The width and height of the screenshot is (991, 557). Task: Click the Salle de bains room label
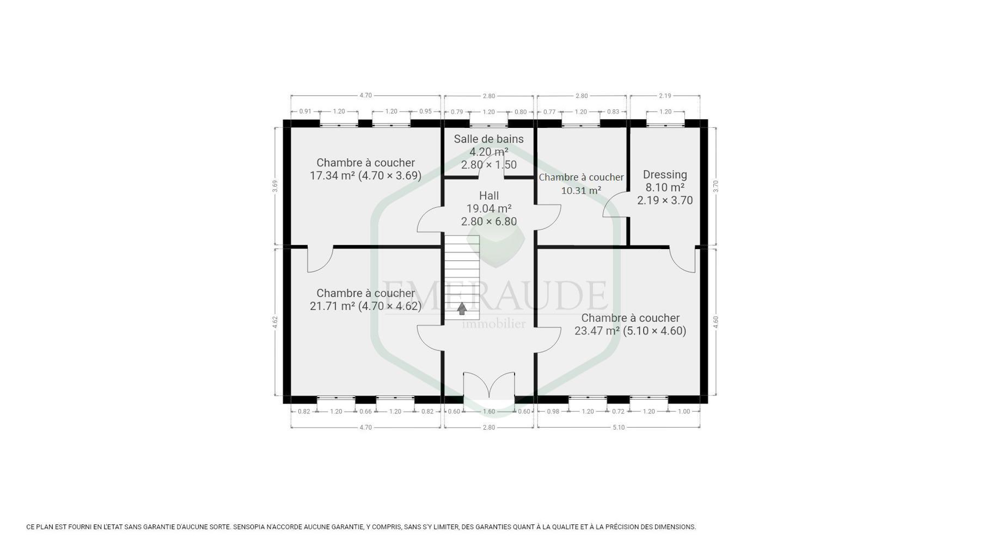[x=488, y=139]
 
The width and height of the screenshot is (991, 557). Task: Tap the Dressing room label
[x=665, y=175]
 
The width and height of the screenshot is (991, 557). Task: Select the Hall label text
[x=488, y=196]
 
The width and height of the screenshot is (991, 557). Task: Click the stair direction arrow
[x=462, y=309]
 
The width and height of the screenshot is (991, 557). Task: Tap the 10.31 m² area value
[x=581, y=190]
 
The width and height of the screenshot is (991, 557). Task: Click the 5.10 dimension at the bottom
[x=619, y=428]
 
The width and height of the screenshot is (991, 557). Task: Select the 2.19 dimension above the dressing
[x=665, y=96]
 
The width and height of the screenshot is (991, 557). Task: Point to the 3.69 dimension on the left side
[x=275, y=186]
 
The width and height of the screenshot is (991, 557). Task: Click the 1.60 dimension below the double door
[x=488, y=411]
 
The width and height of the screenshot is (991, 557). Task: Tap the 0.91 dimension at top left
[x=305, y=112]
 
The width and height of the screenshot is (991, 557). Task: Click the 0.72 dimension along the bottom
[x=618, y=411]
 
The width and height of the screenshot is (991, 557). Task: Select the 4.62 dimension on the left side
[x=275, y=322]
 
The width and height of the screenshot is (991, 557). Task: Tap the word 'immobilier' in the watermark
[x=493, y=324]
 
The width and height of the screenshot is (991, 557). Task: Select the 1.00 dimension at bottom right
[x=683, y=411]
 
